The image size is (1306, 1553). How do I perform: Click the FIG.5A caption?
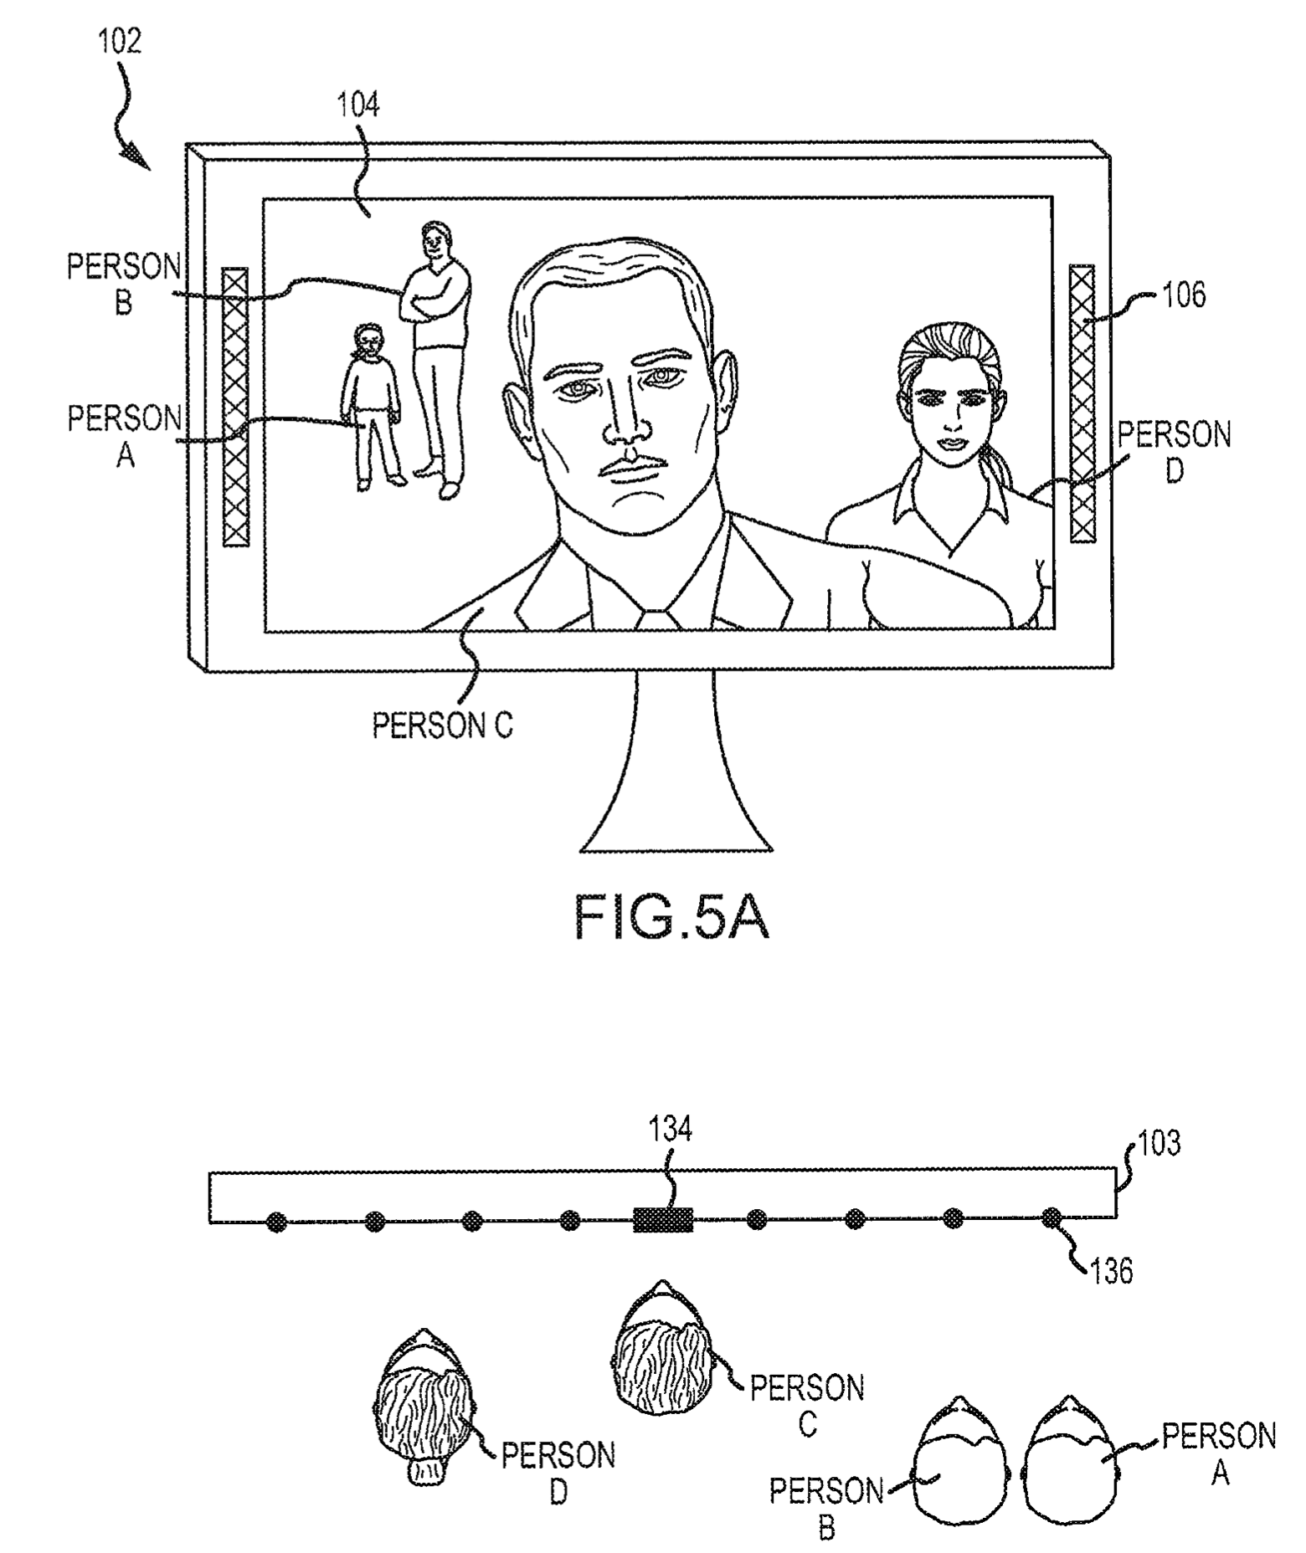(671, 918)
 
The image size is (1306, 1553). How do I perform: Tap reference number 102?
(120, 40)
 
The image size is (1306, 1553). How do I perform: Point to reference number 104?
(357, 105)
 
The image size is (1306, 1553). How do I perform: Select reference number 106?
(1184, 295)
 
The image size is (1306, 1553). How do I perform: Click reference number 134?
(670, 1130)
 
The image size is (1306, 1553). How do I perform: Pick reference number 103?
(1159, 1142)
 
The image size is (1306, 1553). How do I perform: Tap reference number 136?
(1112, 1271)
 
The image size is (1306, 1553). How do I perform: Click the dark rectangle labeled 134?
(663, 1221)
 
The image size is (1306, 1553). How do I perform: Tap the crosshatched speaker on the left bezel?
(235, 407)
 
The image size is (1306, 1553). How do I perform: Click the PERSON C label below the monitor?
(442, 725)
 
